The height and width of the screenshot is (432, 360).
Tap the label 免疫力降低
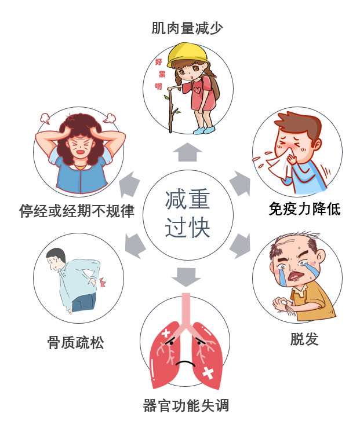tap(304, 208)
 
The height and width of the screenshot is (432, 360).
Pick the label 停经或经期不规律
tap(77, 210)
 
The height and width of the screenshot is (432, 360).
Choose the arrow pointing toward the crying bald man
tap(239, 246)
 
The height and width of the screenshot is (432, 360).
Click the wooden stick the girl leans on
tap(172, 110)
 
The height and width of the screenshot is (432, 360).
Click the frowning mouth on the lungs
tap(186, 363)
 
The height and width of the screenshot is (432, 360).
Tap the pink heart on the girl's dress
tap(199, 89)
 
